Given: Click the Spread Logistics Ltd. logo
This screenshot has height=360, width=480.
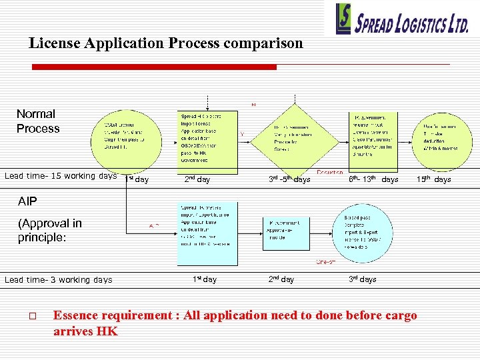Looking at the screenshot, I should click(x=403, y=19).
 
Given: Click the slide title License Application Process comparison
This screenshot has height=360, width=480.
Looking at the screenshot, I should click(x=165, y=44).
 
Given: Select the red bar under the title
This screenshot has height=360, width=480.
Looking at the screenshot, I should click(x=154, y=67).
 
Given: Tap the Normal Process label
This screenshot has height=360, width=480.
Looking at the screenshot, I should click(x=37, y=121).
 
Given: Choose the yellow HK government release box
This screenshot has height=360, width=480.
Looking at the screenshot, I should click(x=372, y=137).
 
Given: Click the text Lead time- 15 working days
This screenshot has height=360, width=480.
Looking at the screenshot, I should click(x=61, y=177).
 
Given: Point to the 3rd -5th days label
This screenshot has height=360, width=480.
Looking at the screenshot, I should click(x=289, y=179).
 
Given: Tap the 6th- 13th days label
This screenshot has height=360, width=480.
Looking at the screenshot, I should click(x=373, y=179).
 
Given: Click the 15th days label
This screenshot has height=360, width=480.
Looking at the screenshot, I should click(x=433, y=179).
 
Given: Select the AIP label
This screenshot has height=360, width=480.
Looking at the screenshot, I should click(x=28, y=201).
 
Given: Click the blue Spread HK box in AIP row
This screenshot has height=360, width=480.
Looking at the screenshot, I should click(x=207, y=225).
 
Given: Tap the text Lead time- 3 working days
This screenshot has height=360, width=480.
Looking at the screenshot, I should click(x=58, y=280).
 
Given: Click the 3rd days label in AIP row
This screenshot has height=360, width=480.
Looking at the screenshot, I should click(x=363, y=279).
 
